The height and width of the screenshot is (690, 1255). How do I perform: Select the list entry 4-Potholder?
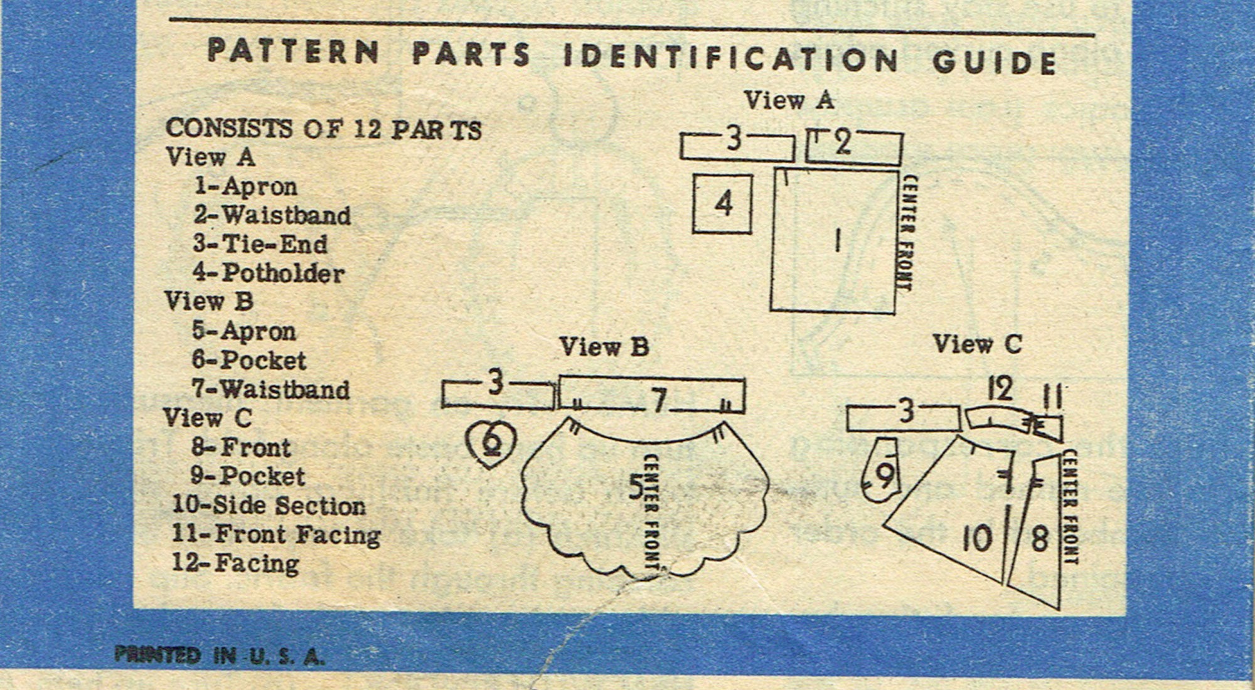pyautogui.click(x=269, y=273)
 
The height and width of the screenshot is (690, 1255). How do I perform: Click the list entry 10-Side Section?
pyautogui.click(x=269, y=506)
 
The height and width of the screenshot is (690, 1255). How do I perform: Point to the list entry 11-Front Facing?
pyautogui.click(x=276, y=535)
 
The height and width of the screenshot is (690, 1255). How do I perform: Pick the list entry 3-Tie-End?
pyautogui.click(x=260, y=244)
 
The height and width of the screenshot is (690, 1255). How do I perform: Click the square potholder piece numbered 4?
pyautogui.click(x=722, y=204)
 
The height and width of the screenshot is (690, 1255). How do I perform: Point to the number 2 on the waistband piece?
pyautogui.click(x=843, y=144)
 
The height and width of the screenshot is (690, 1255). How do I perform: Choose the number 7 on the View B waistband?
pyautogui.click(x=658, y=400)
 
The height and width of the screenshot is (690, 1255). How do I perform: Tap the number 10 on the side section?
pyautogui.click(x=977, y=538)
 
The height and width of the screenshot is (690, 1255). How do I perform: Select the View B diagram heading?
pyautogui.click(x=604, y=347)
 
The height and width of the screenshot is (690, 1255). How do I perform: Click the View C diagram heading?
pyautogui.click(x=977, y=344)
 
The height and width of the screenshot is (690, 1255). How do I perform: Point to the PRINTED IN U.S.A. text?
pyautogui.click(x=220, y=656)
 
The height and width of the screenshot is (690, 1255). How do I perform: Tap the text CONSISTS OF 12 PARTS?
pyautogui.click(x=323, y=129)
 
